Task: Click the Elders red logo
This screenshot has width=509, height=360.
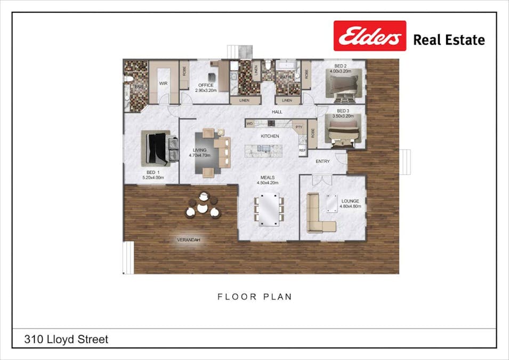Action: [x=369, y=36]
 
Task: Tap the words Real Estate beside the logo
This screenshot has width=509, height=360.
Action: [x=449, y=40]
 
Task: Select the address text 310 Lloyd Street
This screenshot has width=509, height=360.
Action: [x=66, y=339]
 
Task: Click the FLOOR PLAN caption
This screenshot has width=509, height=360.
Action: [x=254, y=297]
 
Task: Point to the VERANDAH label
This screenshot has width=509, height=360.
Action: [x=188, y=241]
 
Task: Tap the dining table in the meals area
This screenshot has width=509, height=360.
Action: [x=269, y=209]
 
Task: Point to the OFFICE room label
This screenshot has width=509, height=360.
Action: [x=206, y=88]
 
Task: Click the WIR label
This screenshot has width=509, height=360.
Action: [x=163, y=84]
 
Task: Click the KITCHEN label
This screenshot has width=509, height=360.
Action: [x=270, y=136]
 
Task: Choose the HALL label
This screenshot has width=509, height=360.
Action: [x=277, y=112]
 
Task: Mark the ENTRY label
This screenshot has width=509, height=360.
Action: [x=322, y=161]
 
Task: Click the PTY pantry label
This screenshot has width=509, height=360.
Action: [x=298, y=127]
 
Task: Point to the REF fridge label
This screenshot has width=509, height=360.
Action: [x=302, y=151]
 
